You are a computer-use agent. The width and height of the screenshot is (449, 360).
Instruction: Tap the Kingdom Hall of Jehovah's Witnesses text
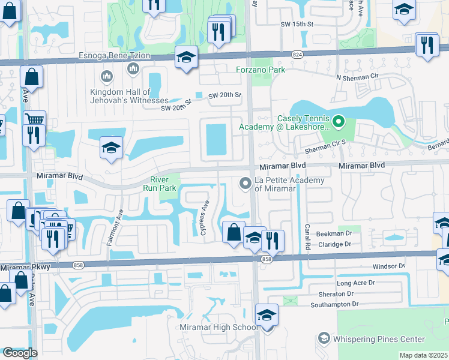click(x=129, y=96)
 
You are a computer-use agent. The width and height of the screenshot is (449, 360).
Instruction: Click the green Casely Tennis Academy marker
click(x=339, y=122)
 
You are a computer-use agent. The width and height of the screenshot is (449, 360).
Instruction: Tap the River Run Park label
click(x=159, y=184)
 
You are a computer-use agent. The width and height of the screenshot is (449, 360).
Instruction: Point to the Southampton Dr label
click(x=334, y=305)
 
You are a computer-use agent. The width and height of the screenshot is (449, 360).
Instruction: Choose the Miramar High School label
click(x=219, y=327)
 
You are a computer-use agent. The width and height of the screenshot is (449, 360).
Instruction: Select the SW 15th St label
click(x=297, y=23)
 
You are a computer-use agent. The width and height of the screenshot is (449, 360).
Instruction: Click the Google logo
click(x=20, y=352)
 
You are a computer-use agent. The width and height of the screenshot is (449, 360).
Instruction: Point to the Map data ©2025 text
click(x=423, y=355)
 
